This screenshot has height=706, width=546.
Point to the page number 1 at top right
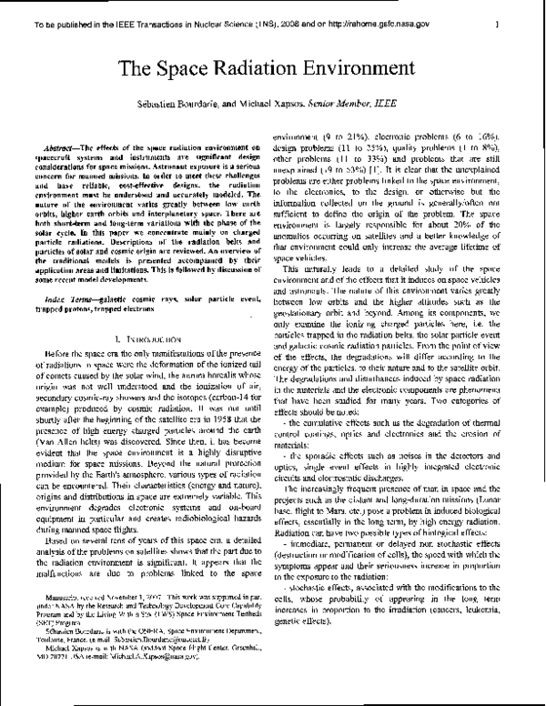(x=514, y=13)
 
